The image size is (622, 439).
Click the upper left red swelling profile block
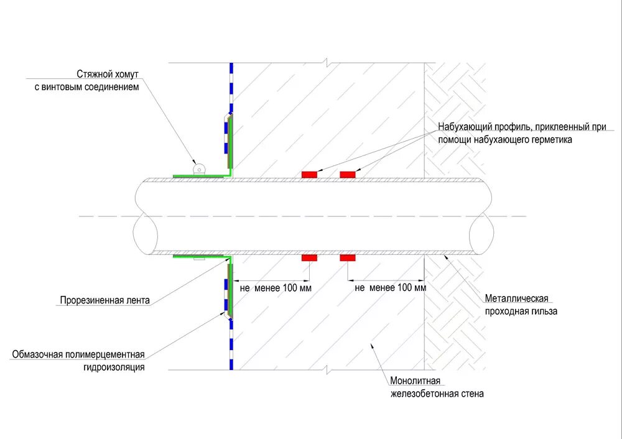(x=309, y=175)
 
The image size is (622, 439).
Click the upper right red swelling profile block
(x=348, y=175)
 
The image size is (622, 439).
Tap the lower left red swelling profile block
(x=309, y=257)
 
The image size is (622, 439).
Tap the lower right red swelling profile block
(x=348, y=257)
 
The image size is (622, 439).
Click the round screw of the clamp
(x=199, y=168)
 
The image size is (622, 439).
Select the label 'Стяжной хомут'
(x=108, y=73)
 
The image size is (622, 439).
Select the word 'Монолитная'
(x=415, y=381)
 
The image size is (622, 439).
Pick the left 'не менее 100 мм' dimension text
(x=275, y=288)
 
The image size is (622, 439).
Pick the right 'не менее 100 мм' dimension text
(x=391, y=288)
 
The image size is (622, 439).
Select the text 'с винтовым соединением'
(x=87, y=87)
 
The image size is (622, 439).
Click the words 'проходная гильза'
(x=522, y=311)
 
